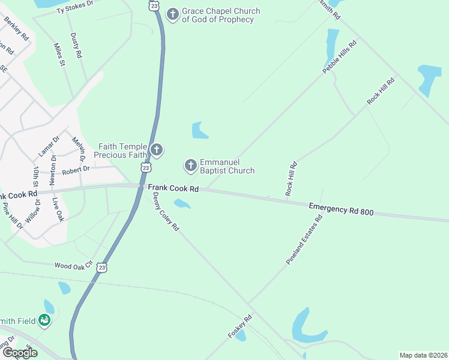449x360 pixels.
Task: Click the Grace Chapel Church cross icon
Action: point(173,14)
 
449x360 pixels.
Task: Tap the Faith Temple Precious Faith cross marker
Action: point(157,149)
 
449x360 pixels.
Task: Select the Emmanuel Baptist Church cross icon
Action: point(190,165)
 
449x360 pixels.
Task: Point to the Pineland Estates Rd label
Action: point(304,241)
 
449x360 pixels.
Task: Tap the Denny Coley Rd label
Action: point(166,212)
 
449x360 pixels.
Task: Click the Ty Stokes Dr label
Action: point(75,7)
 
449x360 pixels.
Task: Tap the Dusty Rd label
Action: point(75,46)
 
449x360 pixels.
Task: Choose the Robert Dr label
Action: point(75,170)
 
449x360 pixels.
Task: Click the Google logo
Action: point(19,352)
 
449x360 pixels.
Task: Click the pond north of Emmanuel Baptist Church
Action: point(199,130)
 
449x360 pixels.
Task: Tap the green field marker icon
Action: point(44,321)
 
